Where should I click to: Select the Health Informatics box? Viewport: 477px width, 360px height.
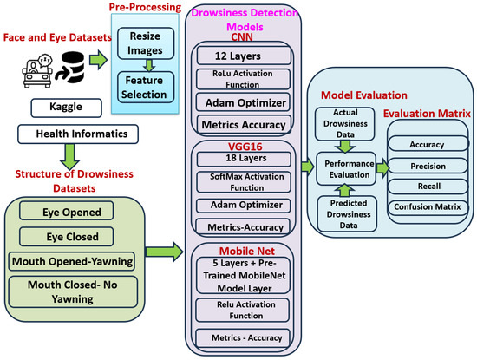pyautogui.click(x=68, y=134)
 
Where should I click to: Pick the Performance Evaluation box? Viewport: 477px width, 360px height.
pyautogui.click(x=349, y=168)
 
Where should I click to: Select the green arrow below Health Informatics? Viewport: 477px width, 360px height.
pyautogui.click(x=68, y=154)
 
